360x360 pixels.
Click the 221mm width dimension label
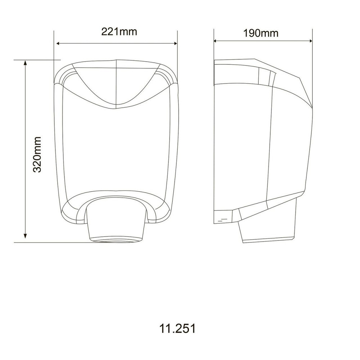coord(119,32)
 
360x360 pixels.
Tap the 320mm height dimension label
coord(37,154)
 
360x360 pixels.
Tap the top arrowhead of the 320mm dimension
coord(25,63)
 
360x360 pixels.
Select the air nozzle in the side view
coord(267,227)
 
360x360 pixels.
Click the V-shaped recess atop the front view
coord(116,86)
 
